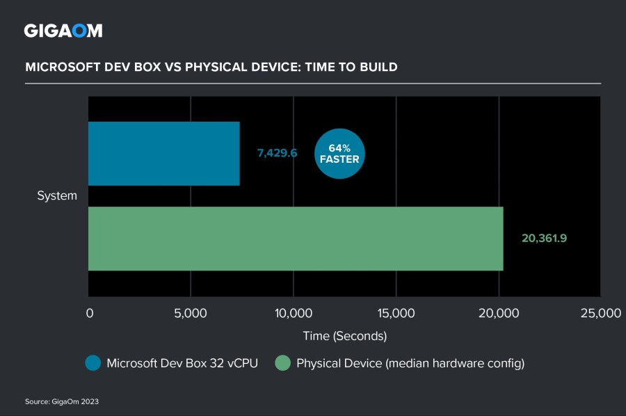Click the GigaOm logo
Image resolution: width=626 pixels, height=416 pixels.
coord(63,31)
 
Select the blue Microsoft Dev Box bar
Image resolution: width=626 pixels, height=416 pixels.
coord(164,154)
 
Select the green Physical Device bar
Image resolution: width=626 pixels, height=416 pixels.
coord(296,239)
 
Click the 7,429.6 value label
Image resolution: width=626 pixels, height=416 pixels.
coord(277,153)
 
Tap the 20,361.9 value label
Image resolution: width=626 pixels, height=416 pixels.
coord(544,238)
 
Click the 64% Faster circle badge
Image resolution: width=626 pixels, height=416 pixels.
coord(339,154)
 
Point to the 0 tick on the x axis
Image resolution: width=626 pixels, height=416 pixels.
coord(89,314)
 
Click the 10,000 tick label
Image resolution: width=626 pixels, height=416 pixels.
coord(293,314)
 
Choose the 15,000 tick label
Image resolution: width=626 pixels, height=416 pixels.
coord(395,314)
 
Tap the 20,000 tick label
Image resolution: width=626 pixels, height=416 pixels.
coord(498,314)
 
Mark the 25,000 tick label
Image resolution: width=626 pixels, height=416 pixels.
coord(600,314)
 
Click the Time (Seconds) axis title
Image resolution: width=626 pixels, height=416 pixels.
coord(344,336)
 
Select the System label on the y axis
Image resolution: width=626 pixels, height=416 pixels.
coord(57,196)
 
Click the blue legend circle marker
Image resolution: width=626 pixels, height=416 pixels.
coord(93,363)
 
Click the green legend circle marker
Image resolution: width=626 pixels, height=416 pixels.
coord(282,363)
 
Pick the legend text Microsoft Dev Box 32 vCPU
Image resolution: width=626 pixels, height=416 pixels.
coord(182,363)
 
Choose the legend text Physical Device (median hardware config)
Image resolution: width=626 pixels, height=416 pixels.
coord(410,363)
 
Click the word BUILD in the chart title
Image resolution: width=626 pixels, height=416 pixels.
coord(376,67)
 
